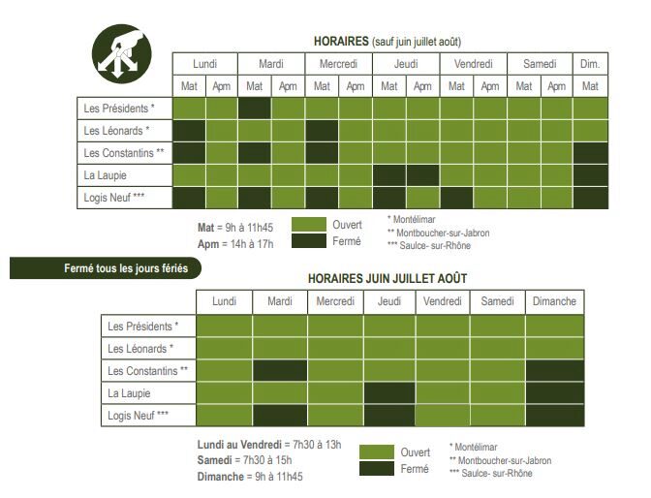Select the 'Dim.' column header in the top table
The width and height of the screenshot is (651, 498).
pyautogui.click(x=590, y=64)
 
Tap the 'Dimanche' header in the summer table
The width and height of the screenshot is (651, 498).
pyautogui.click(x=554, y=301)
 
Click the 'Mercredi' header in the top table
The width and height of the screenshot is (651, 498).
pyautogui.click(x=338, y=64)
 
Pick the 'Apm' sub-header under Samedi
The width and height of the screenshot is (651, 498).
pyautogui.click(x=556, y=86)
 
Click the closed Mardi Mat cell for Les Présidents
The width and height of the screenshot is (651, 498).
pyautogui.click(x=254, y=108)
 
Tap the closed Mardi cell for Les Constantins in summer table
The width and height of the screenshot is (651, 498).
pyautogui.click(x=280, y=371)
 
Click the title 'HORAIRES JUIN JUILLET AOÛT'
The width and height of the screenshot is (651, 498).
pyautogui.click(x=387, y=278)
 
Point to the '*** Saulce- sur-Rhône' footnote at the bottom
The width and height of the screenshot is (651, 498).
pyautogui.click(x=491, y=473)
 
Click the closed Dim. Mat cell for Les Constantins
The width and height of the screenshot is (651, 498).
pyautogui.click(x=590, y=153)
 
